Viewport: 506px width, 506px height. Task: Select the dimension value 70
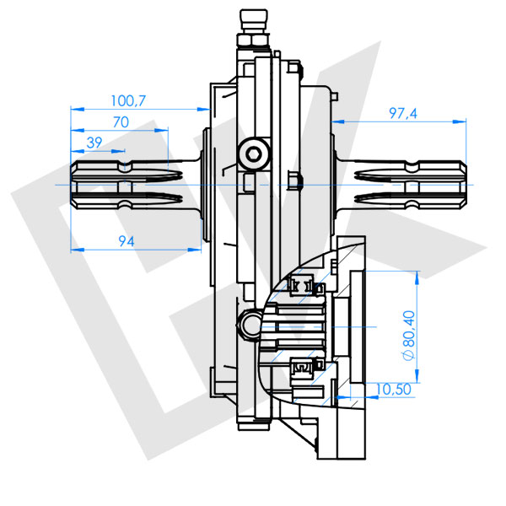pos(120,121)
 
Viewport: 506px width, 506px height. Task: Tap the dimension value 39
pos(95,141)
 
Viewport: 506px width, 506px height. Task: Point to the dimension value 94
pos(126,242)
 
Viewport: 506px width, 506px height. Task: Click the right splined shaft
pos(405,184)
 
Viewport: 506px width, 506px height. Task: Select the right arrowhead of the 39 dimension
pos(117,150)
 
